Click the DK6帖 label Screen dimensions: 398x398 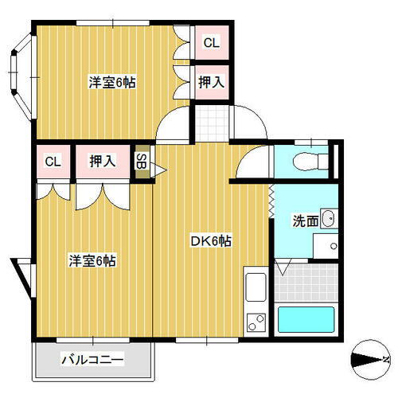pos(210,240)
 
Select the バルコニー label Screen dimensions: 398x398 pos(93,361)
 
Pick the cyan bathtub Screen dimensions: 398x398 pos(307,321)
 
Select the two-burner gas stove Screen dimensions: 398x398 pos(256,323)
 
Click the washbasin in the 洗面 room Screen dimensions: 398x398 pos(329,219)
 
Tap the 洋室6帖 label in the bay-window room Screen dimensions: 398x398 pos(111,81)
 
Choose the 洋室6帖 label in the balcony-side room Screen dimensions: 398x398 pos(92,259)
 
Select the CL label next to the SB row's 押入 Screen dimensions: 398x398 pos(53,162)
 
